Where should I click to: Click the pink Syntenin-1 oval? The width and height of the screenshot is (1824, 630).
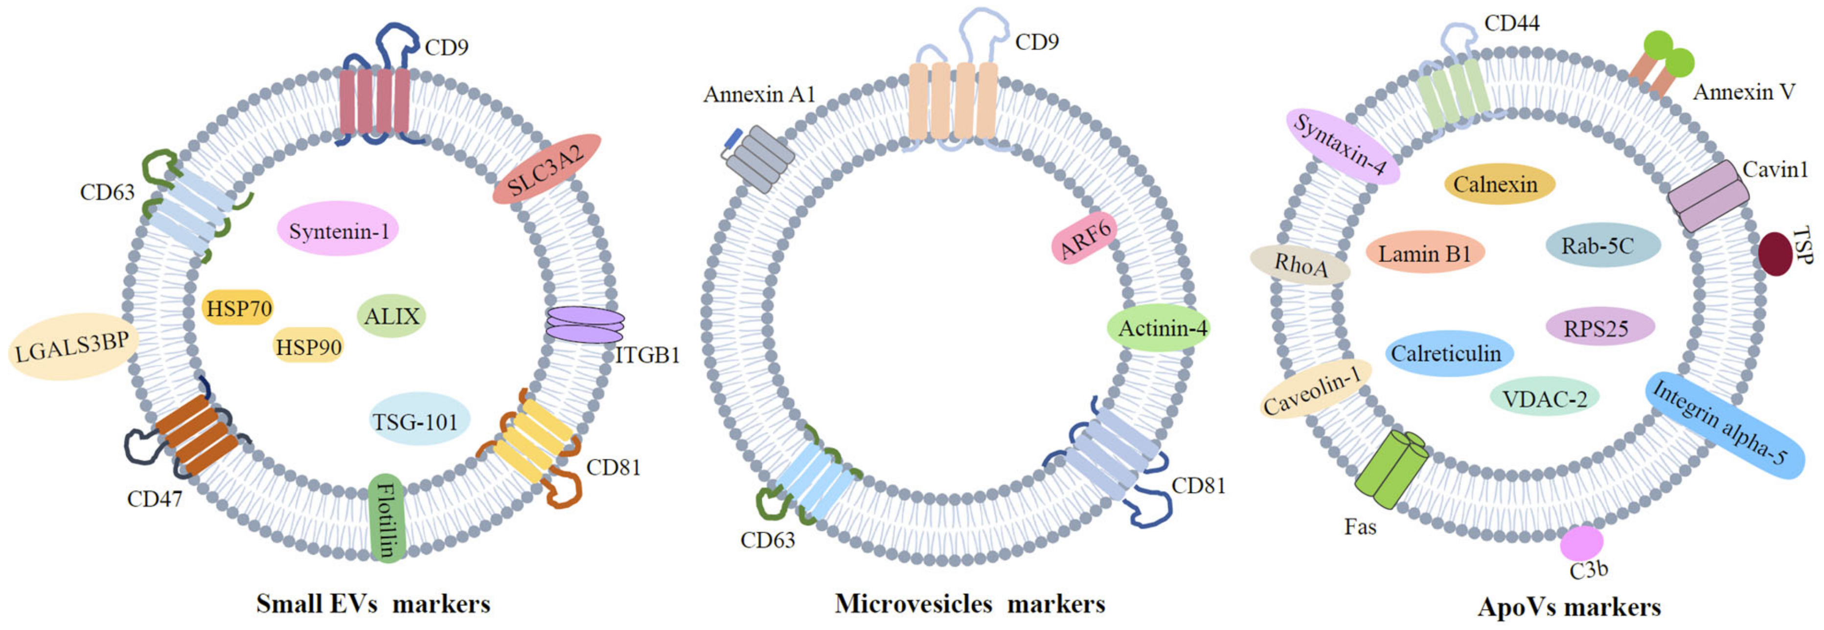[339, 230]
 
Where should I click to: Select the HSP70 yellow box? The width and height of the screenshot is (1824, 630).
[238, 309]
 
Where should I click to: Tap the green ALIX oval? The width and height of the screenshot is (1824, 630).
[391, 315]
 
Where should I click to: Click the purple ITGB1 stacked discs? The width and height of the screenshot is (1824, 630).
[585, 324]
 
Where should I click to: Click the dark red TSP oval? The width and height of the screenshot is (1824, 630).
[1775, 253]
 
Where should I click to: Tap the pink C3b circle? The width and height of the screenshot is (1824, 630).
[1582, 543]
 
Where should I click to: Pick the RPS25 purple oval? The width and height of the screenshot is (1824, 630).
[1598, 327]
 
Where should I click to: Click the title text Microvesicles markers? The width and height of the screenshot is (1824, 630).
[969, 603]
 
